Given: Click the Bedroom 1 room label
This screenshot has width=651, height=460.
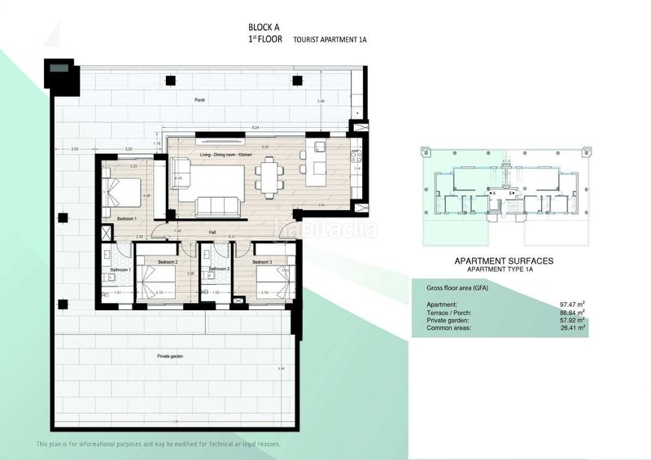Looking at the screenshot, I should (126, 219).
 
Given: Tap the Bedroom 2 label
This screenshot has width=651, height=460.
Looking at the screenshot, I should (168, 262).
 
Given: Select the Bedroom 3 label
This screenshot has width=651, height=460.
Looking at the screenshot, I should (262, 262).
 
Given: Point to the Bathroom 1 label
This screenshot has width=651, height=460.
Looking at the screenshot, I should (121, 269).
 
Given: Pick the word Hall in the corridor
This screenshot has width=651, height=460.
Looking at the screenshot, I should (212, 232).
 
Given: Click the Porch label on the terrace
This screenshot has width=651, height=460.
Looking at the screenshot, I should (199, 100).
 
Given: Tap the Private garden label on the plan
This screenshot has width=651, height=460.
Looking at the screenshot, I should (170, 357).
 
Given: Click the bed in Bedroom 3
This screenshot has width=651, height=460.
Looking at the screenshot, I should (268, 283).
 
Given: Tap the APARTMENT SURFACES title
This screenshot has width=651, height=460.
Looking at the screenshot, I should (503, 261).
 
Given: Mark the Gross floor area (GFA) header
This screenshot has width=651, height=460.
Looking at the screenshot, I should (461, 288).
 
